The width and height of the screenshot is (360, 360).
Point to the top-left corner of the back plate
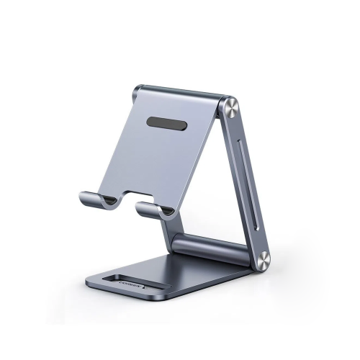pyautogui.click(x=136, y=89)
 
